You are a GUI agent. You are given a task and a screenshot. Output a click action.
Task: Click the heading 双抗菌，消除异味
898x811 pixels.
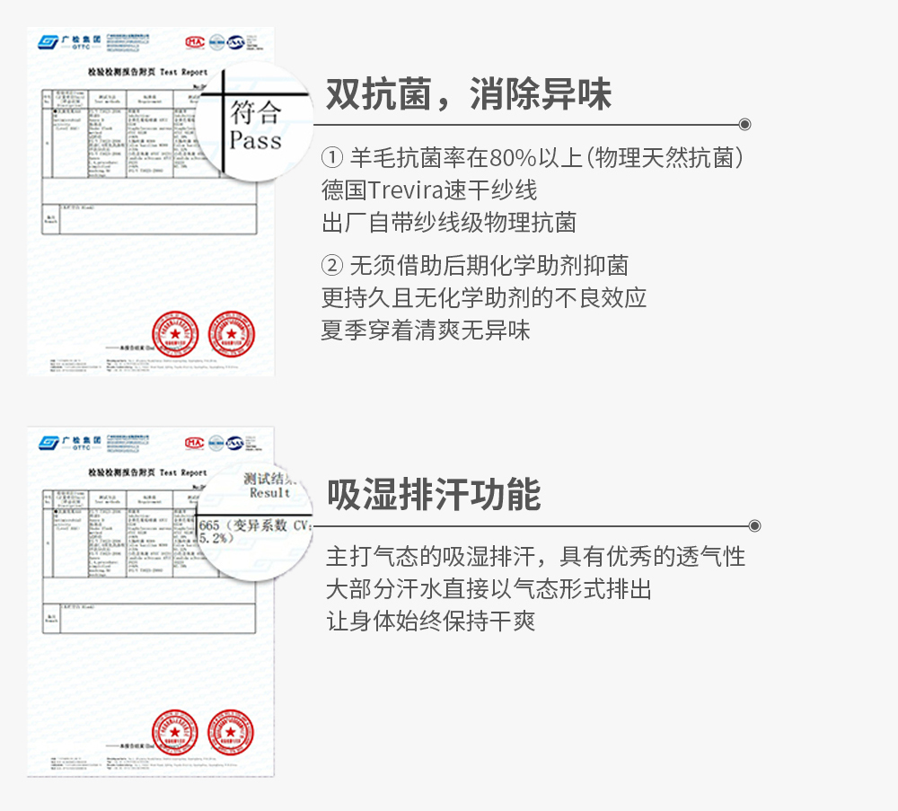(x=468, y=94)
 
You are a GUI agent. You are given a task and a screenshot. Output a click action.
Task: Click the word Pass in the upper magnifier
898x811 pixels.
(x=255, y=141)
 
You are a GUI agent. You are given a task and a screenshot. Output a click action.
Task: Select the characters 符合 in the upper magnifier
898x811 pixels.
(x=255, y=112)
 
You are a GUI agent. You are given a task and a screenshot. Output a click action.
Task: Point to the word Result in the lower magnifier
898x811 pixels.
(x=269, y=493)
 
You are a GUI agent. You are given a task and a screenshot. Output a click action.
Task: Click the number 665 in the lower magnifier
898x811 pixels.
(x=209, y=525)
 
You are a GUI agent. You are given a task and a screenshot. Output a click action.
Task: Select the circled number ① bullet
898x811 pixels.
(x=331, y=159)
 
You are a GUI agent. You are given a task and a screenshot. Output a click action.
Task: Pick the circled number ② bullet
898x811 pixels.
(x=331, y=266)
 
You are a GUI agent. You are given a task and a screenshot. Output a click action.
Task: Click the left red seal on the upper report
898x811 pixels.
(x=176, y=332)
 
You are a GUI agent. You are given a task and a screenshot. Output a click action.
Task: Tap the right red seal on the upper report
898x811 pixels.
(x=231, y=332)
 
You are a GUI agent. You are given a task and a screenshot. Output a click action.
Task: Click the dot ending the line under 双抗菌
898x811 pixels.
(x=744, y=125)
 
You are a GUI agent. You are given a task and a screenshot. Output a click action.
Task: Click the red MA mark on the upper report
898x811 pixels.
(x=194, y=41)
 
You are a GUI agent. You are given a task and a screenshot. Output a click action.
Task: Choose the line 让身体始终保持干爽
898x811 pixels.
(x=430, y=621)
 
